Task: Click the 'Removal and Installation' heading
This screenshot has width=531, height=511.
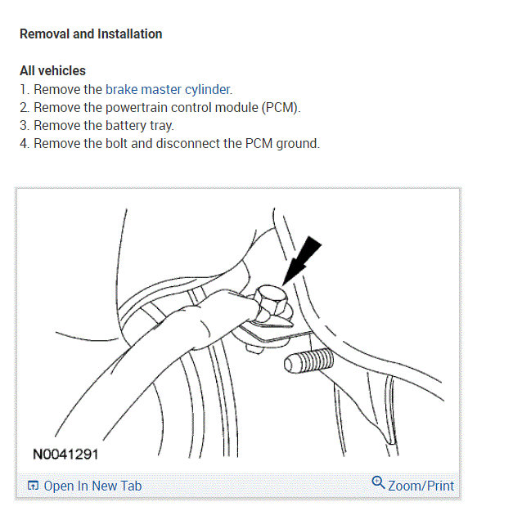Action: (x=91, y=34)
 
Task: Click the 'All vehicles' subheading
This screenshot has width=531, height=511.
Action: (x=52, y=70)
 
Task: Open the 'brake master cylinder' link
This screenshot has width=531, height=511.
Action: (x=168, y=89)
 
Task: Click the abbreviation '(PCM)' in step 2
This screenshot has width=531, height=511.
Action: (x=280, y=107)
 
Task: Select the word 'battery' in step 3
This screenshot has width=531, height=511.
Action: (x=126, y=125)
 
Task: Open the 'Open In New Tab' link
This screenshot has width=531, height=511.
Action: (x=92, y=486)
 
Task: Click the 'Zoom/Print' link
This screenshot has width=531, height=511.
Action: (x=421, y=485)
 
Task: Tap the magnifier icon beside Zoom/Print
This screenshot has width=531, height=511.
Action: (x=378, y=482)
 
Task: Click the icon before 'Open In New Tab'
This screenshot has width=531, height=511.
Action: (x=33, y=486)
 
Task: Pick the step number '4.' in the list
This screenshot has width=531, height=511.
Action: (x=25, y=143)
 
